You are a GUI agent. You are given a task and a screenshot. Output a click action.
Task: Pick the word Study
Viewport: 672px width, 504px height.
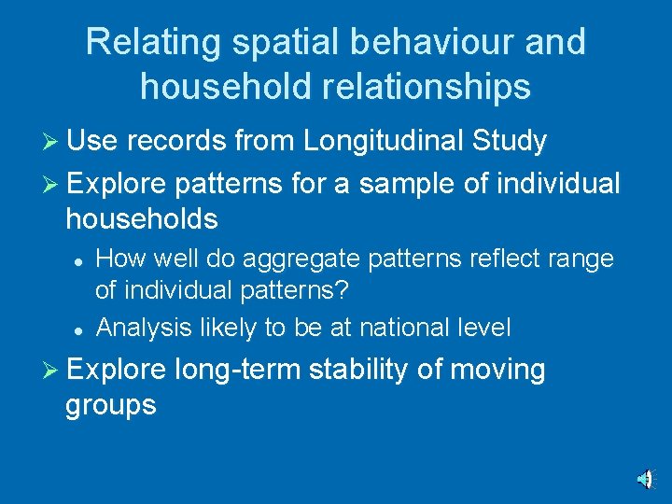click(509, 142)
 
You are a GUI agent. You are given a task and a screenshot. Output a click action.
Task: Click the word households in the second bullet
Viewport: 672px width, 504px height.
click(142, 220)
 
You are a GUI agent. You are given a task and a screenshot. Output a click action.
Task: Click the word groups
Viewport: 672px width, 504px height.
click(111, 406)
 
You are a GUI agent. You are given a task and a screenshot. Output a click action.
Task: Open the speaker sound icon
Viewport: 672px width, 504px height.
click(644, 479)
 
